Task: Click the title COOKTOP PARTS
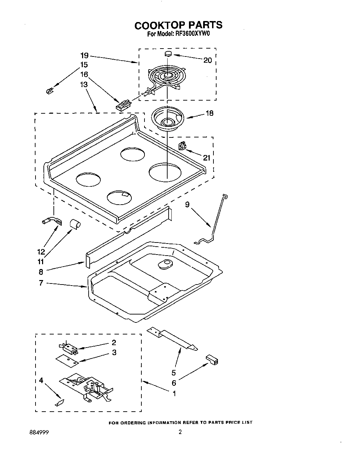pos(178,25)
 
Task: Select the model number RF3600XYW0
pos(192,34)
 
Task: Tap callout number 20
pos(207,60)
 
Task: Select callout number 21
pos(206,158)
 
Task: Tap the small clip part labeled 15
pos(49,91)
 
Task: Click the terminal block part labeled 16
pos(123,104)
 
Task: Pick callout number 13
pos(84,84)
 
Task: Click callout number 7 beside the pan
pos(41,283)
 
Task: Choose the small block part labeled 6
pos(212,360)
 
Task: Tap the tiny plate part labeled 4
pos(59,402)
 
